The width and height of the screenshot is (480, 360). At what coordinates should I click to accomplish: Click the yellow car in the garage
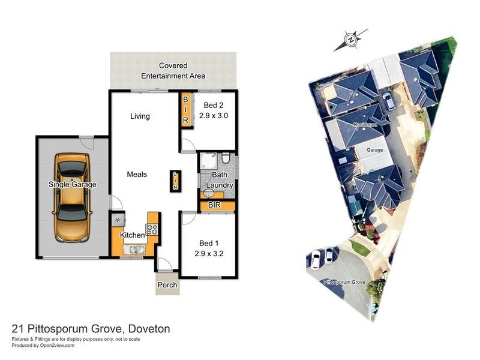pos(73,198)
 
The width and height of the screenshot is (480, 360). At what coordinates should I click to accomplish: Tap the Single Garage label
pos(72,185)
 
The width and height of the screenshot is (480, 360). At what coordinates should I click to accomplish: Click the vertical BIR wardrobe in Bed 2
pos(185,110)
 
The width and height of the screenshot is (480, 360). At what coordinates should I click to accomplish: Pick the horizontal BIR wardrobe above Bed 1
pos(214,205)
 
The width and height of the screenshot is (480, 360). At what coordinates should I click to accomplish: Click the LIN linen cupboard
pos(175,181)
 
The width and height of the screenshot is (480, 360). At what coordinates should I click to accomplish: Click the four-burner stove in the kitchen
pos(152,229)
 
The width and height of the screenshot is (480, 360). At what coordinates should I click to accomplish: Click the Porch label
pos(167,285)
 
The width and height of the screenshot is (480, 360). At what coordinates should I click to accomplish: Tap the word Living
pos(140,116)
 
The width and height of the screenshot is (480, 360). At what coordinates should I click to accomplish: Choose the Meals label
pos(137,175)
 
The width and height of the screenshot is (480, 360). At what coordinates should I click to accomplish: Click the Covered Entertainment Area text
pos(173,71)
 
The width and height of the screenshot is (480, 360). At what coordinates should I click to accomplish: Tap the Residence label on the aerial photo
pos(365,124)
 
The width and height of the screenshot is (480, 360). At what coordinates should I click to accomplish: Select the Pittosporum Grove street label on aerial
pos(344,281)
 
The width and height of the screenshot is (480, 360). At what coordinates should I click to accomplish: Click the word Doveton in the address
pos(148,329)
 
